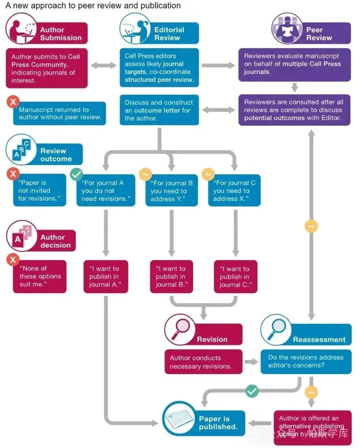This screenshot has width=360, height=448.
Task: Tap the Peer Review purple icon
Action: pyautogui.click(x=287, y=29)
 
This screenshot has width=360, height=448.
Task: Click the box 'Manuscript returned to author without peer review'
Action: pyautogui.click(x=60, y=114)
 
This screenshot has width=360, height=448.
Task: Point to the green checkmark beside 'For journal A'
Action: pyautogui.click(x=76, y=174)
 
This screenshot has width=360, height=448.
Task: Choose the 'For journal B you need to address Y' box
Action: pyautogui.click(x=172, y=191)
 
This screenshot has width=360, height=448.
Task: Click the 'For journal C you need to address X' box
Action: pyautogui.click(x=234, y=191)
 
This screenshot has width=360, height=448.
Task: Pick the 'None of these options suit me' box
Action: pyautogui.click(x=40, y=276)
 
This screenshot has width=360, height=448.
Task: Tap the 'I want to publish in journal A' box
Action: pyautogui.click(x=105, y=276)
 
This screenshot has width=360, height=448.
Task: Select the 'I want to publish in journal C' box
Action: pyautogui.click(x=235, y=276)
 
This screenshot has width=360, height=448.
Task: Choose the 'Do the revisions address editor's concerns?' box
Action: pyautogui.click(x=305, y=362)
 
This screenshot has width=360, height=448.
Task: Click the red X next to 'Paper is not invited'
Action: pyautogui.click(x=12, y=174)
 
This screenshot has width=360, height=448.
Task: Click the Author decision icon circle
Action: pyautogui.click(x=20, y=236)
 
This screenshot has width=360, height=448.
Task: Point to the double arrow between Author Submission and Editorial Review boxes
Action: pyautogui.click(x=103, y=65)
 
